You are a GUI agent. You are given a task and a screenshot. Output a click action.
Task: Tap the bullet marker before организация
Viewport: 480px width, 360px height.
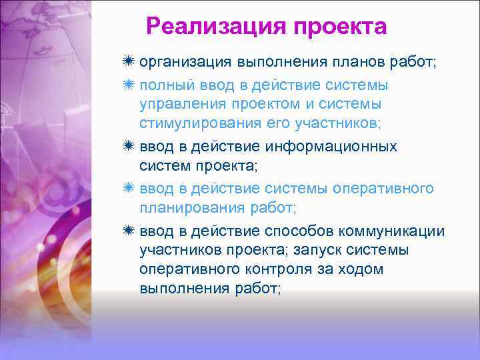[x=129, y=62]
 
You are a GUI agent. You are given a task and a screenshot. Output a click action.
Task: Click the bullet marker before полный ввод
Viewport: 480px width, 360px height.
[x=129, y=85]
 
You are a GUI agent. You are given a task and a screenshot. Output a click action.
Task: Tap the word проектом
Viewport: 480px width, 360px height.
[x=272, y=105]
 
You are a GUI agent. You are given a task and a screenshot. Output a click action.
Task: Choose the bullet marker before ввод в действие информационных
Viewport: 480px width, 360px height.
[x=129, y=146]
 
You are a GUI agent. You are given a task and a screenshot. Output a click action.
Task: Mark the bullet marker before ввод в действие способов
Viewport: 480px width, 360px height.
[x=129, y=231]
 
